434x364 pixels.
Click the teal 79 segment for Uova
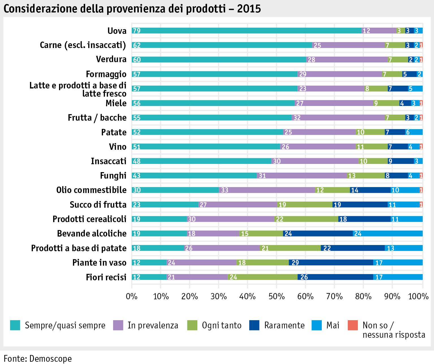[247, 31]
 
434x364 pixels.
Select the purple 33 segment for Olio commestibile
[267, 190]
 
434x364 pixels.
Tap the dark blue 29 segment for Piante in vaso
[331, 263]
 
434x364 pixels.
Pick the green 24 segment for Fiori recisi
[263, 277]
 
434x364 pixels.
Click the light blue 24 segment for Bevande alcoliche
[388, 233]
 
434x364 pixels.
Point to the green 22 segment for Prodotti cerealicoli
[306, 219]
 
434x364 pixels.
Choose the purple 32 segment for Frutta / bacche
[338, 118]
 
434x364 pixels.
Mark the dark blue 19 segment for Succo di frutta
[360, 205]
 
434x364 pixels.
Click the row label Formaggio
[106, 74]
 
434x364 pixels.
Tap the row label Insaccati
[109, 161]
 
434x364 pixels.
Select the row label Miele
[116, 103]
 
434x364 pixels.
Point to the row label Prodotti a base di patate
[79, 248]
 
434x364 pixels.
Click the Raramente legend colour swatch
[254, 325]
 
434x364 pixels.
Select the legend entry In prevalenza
[153, 325]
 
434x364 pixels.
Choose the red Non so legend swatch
[353, 325]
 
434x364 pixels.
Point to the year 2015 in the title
[249, 9]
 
